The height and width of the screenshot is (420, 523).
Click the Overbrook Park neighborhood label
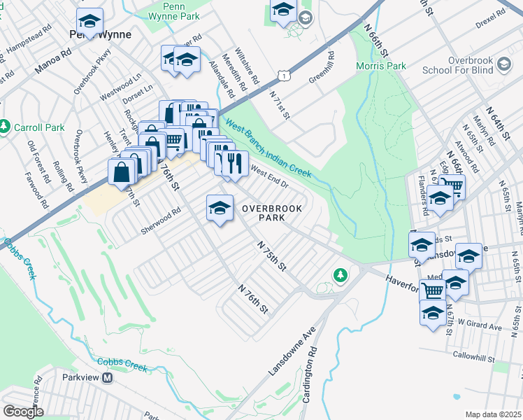264,213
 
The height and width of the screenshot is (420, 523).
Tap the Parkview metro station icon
108,377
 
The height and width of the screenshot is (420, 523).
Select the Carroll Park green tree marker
6,127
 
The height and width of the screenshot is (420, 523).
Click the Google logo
23,412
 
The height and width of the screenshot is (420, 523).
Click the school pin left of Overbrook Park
220,208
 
